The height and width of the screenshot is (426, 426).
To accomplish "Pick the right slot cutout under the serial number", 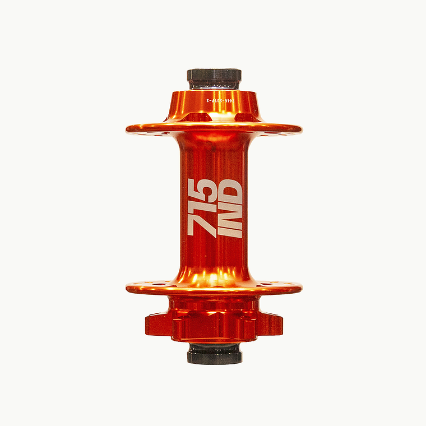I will pos(243,117).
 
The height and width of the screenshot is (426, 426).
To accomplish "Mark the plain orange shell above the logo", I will pos(214,157).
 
